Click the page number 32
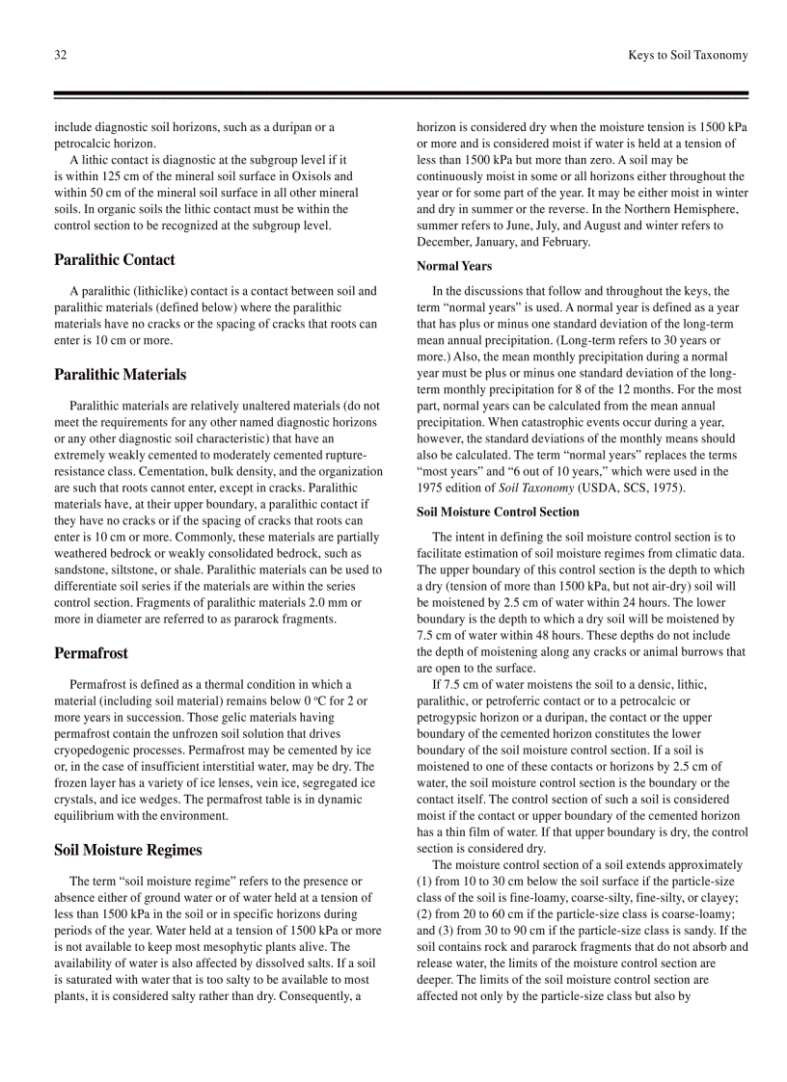(x=60, y=55)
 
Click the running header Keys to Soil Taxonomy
(x=687, y=55)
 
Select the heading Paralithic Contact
(x=115, y=259)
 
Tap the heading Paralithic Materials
(x=121, y=374)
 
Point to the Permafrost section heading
(x=91, y=652)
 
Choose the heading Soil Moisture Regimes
(x=128, y=849)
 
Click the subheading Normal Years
(x=454, y=266)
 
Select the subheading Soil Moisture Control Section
(x=498, y=512)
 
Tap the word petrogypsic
(x=449, y=717)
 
